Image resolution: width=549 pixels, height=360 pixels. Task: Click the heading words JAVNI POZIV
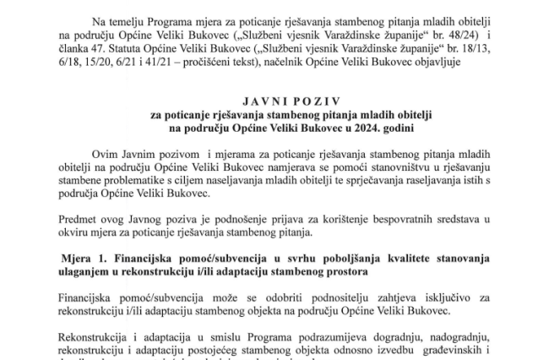[274, 100]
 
